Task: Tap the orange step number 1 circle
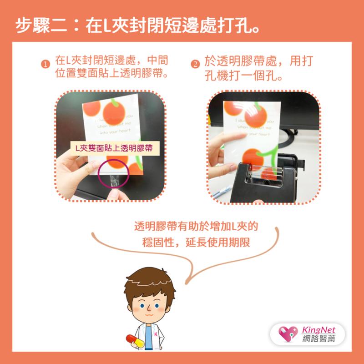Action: coord(45,64)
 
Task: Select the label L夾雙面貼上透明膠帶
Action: coord(114,147)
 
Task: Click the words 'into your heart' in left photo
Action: coord(111,131)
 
